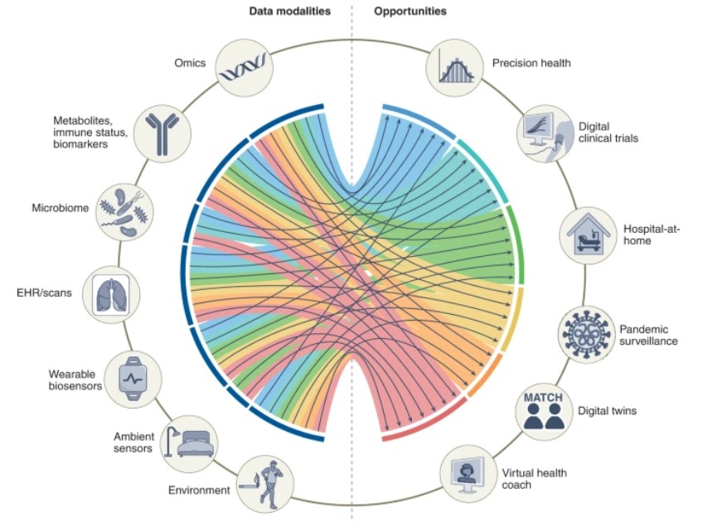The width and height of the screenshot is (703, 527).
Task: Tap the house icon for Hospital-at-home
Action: pyautogui.click(x=589, y=234)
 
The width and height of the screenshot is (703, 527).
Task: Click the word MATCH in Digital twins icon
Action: pyautogui.click(x=544, y=398)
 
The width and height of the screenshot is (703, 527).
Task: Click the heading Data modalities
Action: pyautogui.click(x=289, y=12)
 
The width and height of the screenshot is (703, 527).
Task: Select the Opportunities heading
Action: pyautogui.click(x=410, y=12)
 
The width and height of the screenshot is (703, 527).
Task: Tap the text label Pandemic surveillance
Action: pyautogui.click(x=650, y=335)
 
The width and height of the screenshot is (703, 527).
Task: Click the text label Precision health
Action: pyautogui.click(x=531, y=63)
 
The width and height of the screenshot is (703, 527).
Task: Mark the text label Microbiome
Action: pyautogui.click(x=60, y=208)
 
